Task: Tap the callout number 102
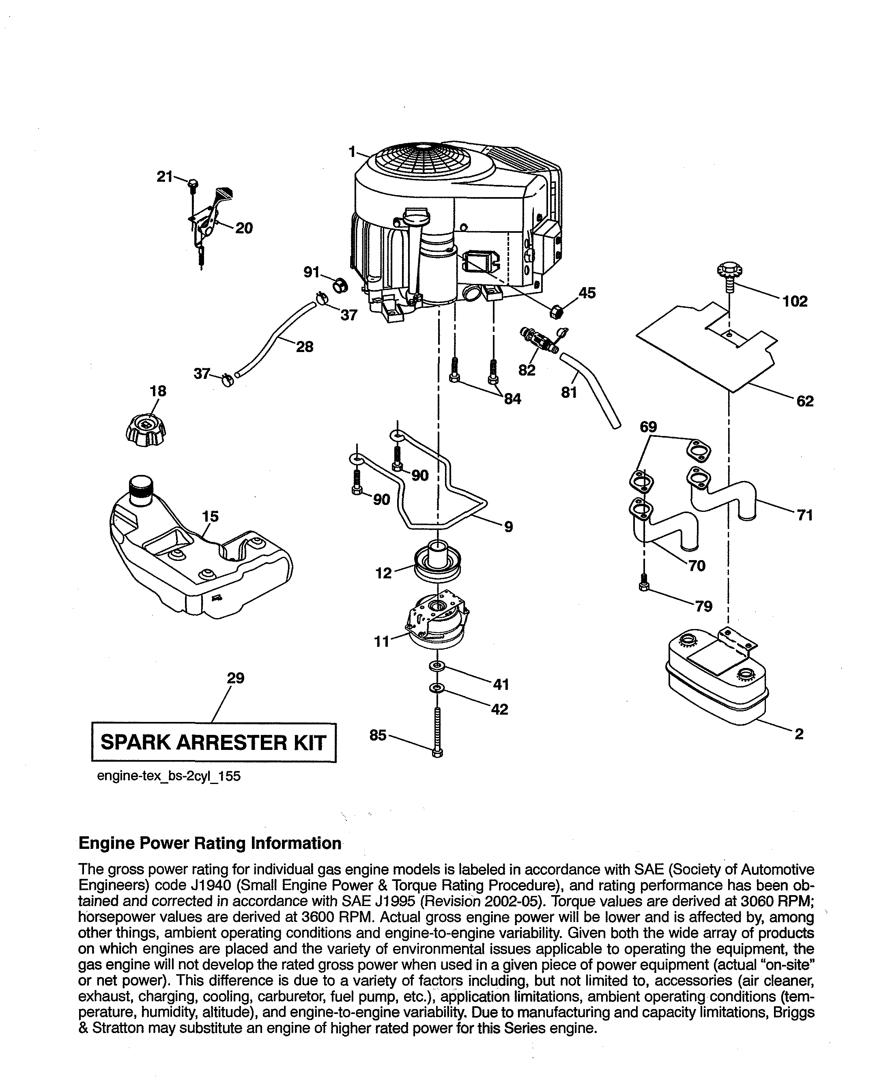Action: coord(795,301)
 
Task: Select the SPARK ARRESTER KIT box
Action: coord(213,742)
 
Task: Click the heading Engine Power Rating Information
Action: coord(210,844)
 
